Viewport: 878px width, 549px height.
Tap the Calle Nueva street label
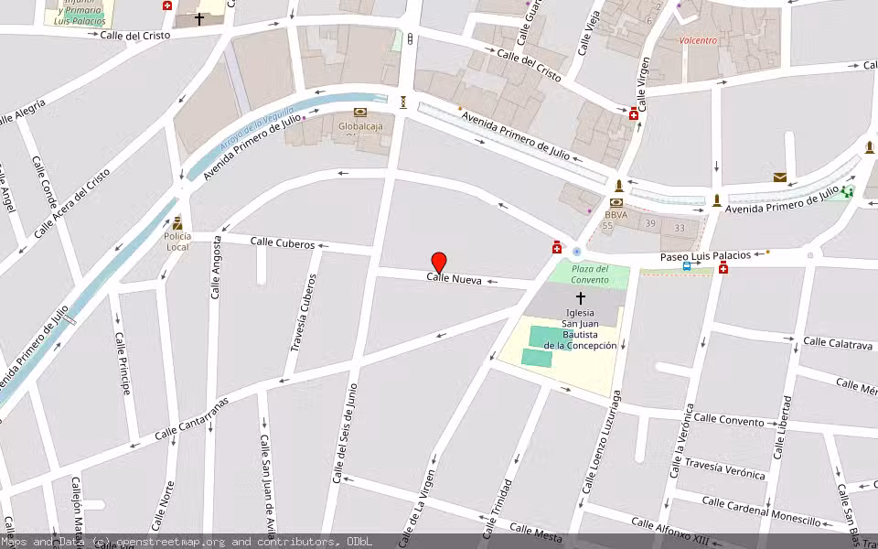click(454, 278)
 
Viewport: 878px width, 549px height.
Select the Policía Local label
click(177, 242)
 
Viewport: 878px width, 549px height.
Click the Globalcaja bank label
click(359, 127)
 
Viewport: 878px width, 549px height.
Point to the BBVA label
click(616, 214)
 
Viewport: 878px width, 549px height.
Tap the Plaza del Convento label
click(590, 274)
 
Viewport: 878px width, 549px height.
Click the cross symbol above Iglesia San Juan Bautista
click(580, 297)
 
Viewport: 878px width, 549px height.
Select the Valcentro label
click(699, 40)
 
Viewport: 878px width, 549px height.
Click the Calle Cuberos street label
click(283, 243)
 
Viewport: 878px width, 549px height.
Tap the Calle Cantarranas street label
click(191, 419)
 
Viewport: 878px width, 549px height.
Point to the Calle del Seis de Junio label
click(345, 434)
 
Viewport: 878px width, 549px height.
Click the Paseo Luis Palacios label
click(705, 256)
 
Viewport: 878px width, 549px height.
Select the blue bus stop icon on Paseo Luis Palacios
click(686, 266)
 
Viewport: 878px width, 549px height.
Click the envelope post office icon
click(779, 178)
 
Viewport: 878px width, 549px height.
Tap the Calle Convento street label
click(728, 420)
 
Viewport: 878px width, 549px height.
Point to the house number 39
click(649, 224)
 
